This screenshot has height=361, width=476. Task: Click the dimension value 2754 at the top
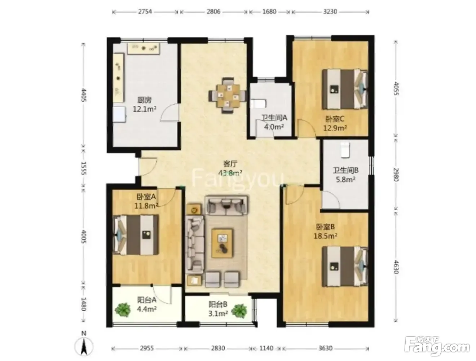click(x=145, y=12)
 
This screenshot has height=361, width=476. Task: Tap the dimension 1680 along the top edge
click(x=269, y=12)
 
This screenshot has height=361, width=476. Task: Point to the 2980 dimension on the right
click(x=396, y=175)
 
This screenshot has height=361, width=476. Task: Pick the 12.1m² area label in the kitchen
click(x=145, y=109)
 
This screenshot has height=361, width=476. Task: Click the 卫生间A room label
click(x=274, y=118)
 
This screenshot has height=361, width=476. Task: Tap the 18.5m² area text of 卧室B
click(x=325, y=235)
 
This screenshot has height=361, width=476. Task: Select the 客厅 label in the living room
click(x=230, y=164)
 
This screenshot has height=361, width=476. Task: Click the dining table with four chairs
click(x=228, y=96)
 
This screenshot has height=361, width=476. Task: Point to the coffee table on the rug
click(x=222, y=243)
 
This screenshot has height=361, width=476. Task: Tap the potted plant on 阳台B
click(x=239, y=311)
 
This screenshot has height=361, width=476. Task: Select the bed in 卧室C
click(x=345, y=89)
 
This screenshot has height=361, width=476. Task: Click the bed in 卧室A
click(x=136, y=234)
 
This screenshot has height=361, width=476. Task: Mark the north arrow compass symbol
click(x=84, y=346)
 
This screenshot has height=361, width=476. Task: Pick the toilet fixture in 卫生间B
click(x=345, y=149)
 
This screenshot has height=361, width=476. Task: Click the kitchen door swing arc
click(x=169, y=112)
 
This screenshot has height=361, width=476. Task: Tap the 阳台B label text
click(x=218, y=304)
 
